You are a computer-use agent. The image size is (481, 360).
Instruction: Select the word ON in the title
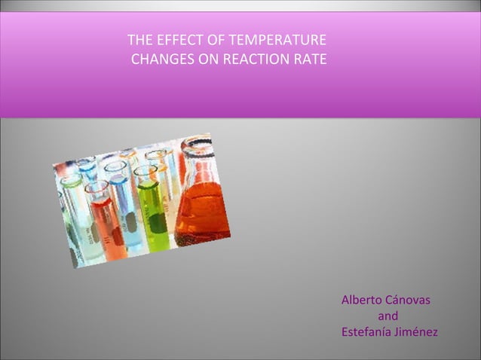coord(210,59)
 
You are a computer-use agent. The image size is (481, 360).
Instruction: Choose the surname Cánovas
coord(408,300)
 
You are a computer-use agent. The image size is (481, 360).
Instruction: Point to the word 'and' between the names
coord(388,316)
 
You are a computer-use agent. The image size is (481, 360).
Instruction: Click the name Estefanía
coord(367,332)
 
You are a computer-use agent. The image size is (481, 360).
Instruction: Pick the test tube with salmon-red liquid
coord(106,226)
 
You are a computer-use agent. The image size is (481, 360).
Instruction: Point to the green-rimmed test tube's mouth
coord(71,182)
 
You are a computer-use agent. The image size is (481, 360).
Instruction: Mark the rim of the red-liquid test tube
coord(97,187)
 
